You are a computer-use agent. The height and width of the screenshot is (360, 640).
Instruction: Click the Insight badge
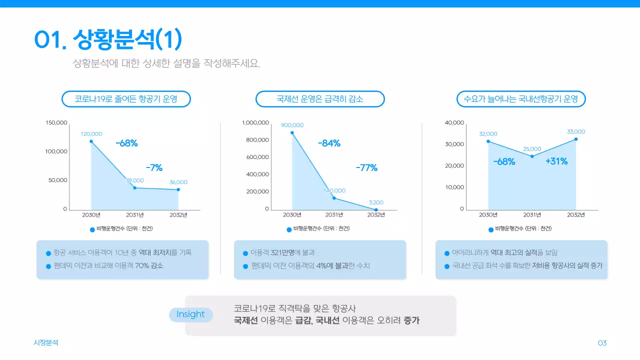pos(190,314)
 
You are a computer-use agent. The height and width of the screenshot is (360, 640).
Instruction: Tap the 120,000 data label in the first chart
pos(91,134)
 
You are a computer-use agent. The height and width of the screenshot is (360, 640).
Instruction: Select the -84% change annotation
pos(329,143)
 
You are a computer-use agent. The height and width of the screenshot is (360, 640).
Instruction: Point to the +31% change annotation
pos(556,161)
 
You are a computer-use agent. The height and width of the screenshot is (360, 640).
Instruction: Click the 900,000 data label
pos(292,125)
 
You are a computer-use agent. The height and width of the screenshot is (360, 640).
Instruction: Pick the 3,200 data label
pos(376,202)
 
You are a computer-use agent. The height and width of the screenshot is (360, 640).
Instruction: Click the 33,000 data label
pos(576,131)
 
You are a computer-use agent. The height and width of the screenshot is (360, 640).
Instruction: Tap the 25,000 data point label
pos(532,149)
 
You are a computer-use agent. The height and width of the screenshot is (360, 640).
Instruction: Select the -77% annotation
pos(366,168)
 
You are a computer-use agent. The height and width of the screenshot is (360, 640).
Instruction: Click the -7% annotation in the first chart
pos(154,167)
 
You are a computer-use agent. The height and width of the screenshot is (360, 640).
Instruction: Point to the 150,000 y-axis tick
pos(56,123)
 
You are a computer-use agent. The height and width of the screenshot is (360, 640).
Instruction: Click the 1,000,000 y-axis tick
pos(255,123)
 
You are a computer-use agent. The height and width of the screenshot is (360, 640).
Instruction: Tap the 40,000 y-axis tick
pos(454,123)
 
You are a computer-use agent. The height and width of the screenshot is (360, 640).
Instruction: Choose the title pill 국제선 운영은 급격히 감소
pos(320,99)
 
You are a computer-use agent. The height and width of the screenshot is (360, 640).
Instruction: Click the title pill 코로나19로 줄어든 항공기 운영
pos(126,99)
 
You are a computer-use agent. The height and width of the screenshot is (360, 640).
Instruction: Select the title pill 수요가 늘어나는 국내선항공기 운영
pos(521,99)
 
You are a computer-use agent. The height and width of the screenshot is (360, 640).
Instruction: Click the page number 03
pos(602,343)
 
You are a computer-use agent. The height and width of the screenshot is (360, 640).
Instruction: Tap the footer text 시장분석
pos(46,342)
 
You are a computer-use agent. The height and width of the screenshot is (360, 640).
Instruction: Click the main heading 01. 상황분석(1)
pos(108,39)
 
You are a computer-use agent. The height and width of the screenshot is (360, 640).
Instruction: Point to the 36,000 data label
pos(178,182)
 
